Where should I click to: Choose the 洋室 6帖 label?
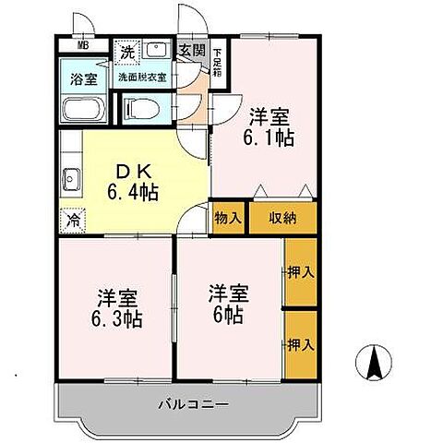coord(226,305)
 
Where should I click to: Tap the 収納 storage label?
coord(282,218)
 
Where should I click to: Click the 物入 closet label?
coord(229,218)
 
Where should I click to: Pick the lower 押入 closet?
coord(301,344)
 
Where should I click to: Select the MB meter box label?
coord(83,44)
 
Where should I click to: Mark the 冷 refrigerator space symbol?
coord(71,221)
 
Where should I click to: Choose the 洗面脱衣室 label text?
coord(142,78)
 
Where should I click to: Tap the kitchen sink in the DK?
coord(71,177)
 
